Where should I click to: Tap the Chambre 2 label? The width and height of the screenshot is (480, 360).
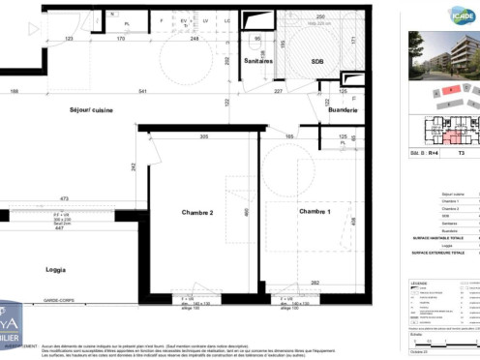(x=196, y=212)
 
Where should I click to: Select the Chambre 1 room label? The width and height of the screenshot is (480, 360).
(x=315, y=211)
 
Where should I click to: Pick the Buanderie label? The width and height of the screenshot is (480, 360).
(x=343, y=110)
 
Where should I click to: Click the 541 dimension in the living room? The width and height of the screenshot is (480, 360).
(x=142, y=92)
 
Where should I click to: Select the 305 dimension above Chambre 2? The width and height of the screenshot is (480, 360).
(x=203, y=137)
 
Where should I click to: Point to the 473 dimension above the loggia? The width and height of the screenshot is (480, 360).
(x=64, y=197)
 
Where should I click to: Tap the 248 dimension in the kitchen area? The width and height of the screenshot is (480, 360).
(x=195, y=39)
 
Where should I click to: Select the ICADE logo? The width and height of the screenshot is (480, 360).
(x=459, y=15)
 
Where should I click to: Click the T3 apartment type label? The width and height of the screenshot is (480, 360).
(x=461, y=153)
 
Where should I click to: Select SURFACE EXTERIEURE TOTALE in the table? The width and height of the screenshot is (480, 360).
(x=436, y=253)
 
